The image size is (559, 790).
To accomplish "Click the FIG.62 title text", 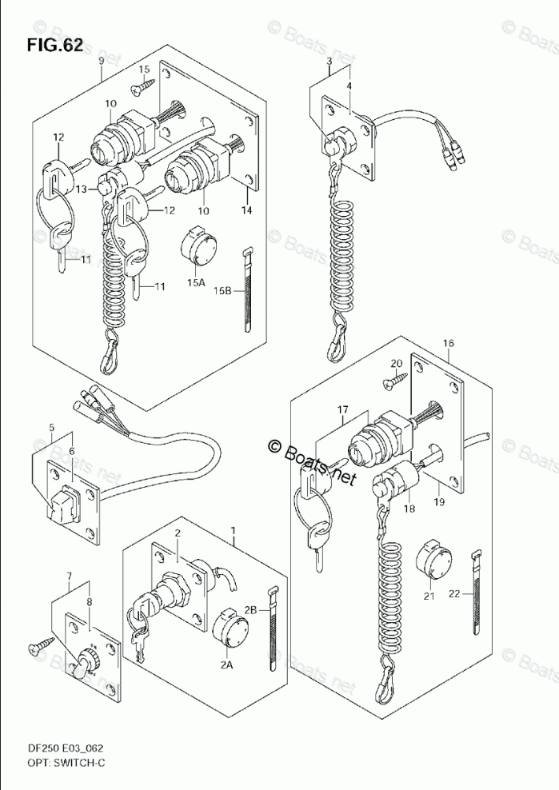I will click(54, 45).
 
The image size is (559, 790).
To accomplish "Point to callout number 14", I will click(246, 210).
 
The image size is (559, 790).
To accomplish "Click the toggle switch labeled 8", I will click(86, 663).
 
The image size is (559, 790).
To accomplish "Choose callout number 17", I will click(342, 411).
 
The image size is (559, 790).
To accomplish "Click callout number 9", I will click(102, 62).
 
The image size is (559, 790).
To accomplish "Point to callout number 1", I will click(234, 531).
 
